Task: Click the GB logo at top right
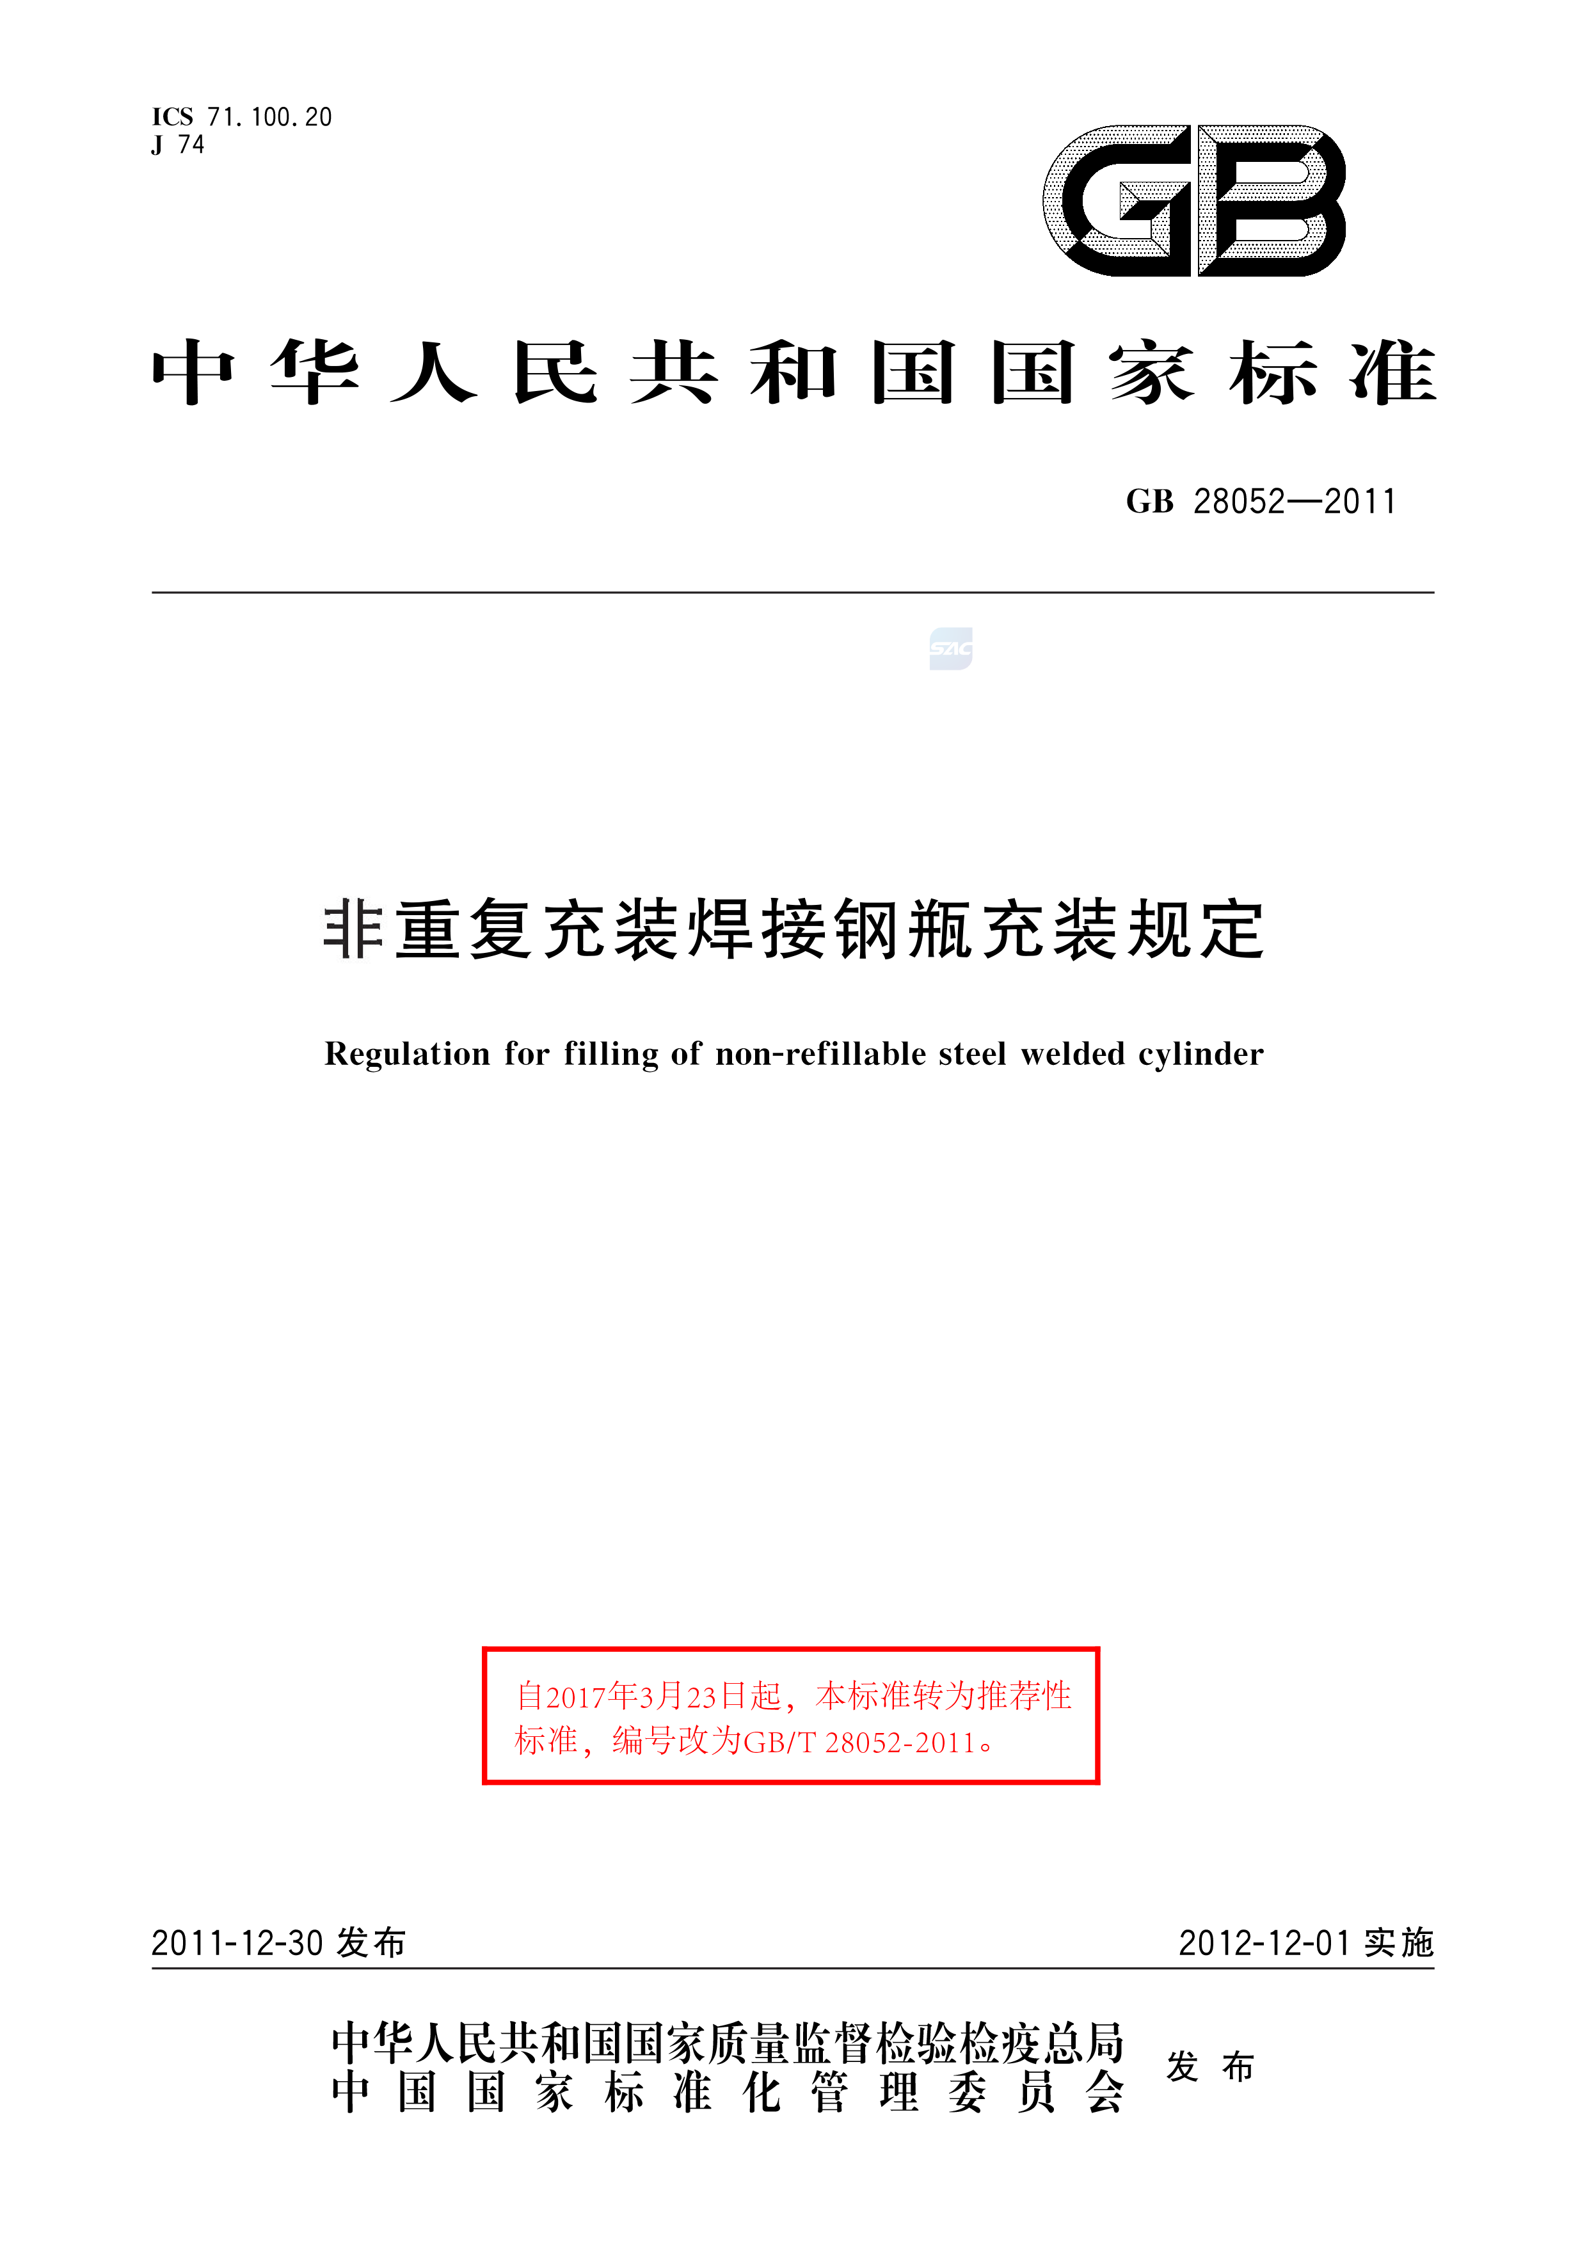click(x=1194, y=200)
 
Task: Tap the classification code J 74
click(x=178, y=145)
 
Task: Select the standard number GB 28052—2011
click(x=1261, y=502)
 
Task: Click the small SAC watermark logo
click(x=950, y=648)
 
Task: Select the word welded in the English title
click(x=1073, y=1054)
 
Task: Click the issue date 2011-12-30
click(x=237, y=1943)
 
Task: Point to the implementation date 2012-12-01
click(x=1264, y=1943)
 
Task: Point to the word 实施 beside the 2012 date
click(x=1398, y=1943)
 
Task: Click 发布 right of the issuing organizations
click(x=1211, y=2067)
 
